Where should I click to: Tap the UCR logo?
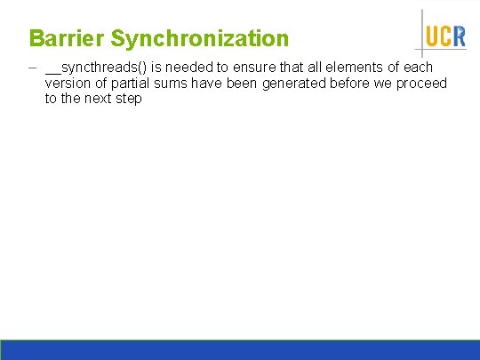444,36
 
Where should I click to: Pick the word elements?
355,68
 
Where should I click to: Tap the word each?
417,68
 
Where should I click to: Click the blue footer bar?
240,349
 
